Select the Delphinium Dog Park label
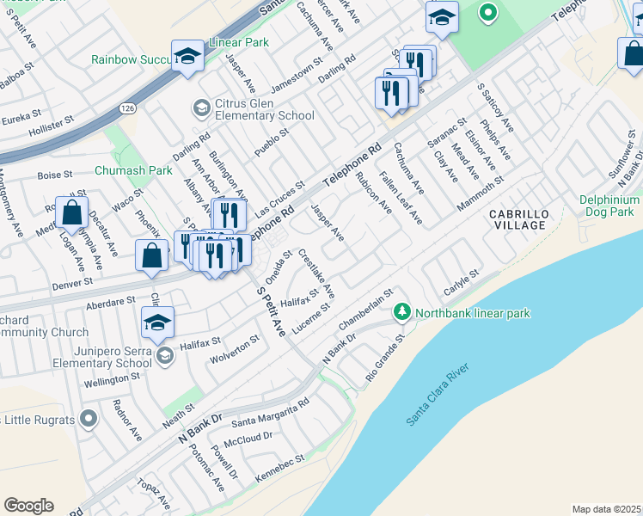point(609,206)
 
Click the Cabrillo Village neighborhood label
point(517,219)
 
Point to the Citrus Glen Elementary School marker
point(201,107)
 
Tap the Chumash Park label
point(133,170)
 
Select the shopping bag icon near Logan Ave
point(72,212)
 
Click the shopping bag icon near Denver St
point(152,255)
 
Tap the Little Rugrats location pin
point(87,419)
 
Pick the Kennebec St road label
point(281,471)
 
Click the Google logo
point(28,506)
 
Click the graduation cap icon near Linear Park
point(186,56)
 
